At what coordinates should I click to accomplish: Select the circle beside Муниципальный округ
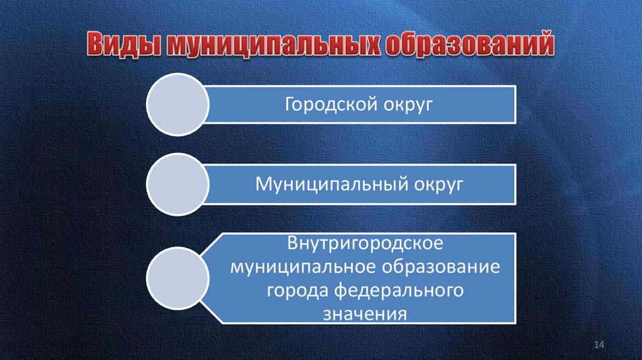(178, 184)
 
